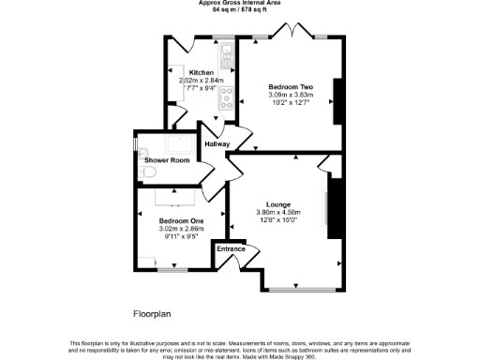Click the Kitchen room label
click(202, 73)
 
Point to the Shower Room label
click(167, 160)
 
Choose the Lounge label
click(277, 204)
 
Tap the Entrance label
click(232, 248)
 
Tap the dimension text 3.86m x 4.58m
click(277, 213)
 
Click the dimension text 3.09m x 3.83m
click(291, 95)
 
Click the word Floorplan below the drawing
click(150, 311)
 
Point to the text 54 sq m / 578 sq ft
click(240, 10)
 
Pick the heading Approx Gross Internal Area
click(240, 3)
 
